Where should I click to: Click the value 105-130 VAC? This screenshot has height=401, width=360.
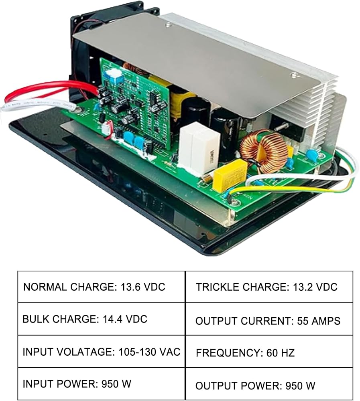(x=150, y=352)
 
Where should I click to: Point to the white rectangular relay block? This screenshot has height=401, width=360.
(x=200, y=146)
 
